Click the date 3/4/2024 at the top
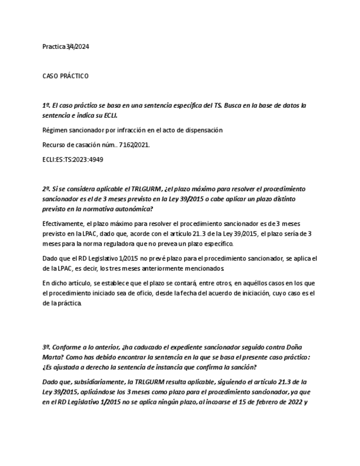(77, 47)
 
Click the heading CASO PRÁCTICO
(65, 76)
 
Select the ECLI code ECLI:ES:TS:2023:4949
(73, 159)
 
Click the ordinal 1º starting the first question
(46, 105)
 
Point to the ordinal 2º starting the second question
(46, 189)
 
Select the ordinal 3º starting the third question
(46, 347)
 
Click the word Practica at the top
(54, 47)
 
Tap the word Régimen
(54, 130)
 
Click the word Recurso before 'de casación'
(54, 145)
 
